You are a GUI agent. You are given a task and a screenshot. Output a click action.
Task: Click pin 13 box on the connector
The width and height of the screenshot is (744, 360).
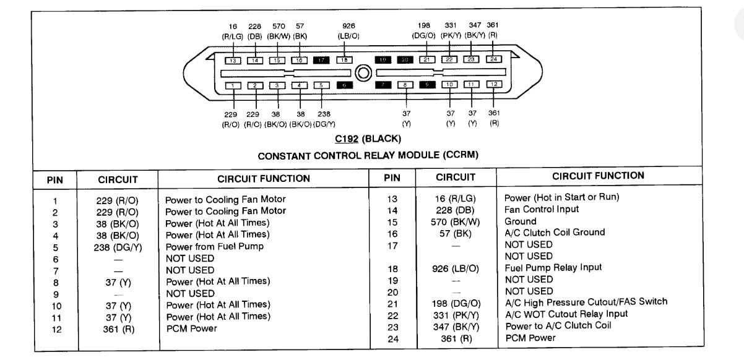(233, 61)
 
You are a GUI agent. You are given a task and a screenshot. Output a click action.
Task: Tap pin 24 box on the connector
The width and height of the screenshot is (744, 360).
(493, 59)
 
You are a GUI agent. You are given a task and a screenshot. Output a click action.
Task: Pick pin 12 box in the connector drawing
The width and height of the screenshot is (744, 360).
(493, 84)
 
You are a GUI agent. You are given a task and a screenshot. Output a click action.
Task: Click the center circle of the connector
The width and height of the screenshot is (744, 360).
(364, 73)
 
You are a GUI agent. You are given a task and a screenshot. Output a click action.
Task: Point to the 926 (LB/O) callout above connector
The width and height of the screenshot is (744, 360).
(348, 31)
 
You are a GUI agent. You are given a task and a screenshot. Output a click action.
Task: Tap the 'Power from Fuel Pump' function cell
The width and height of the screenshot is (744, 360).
(214, 246)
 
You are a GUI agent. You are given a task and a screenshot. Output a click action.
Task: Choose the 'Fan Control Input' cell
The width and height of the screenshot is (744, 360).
(542, 209)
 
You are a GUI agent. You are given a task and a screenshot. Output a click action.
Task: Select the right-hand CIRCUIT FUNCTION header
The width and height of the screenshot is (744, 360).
(597, 176)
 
